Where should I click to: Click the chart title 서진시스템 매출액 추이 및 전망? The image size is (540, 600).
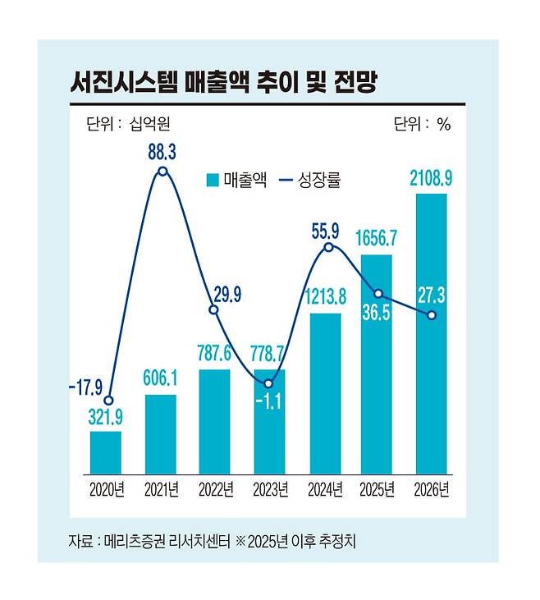[222, 82]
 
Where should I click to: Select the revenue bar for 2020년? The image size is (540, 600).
[106, 452]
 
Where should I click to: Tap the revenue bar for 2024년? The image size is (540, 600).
[325, 393]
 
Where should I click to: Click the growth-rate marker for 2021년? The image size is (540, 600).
[162, 172]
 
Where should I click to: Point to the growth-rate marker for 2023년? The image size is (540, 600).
[270, 383]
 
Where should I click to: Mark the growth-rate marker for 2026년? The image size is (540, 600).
[432, 315]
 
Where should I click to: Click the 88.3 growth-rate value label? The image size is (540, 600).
[162, 153]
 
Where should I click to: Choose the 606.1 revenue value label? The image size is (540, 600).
[162, 381]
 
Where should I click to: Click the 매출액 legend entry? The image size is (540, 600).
[237, 180]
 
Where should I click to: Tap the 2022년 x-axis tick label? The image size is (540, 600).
[216, 491]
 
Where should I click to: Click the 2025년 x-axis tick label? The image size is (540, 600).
[378, 491]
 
